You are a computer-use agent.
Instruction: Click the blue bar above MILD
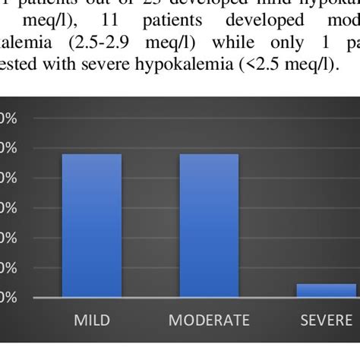tap(91, 225)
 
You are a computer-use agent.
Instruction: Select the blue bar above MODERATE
tap(209, 225)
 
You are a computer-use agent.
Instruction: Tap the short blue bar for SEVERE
tap(326, 290)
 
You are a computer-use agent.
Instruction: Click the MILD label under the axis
tap(91, 320)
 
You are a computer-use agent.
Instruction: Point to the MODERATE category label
tap(209, 320)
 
